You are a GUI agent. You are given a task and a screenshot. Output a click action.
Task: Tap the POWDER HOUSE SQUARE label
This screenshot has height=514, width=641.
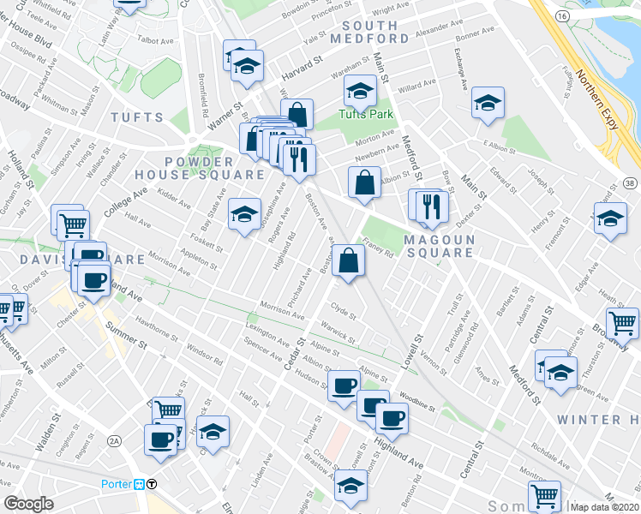click(x=199, y=165)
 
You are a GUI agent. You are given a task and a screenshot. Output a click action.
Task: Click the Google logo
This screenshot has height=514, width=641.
click(x=28, y=504)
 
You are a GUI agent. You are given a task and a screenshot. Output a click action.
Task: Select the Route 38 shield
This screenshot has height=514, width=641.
click(x=630, y=182)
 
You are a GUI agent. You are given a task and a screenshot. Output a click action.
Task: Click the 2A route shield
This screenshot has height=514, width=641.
click(x=114, y=440)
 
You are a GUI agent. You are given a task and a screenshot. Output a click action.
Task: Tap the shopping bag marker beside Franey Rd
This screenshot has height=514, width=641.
click(x=349, y=260)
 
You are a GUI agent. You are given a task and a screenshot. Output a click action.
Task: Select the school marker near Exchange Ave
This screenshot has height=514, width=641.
click(x=487, y=104)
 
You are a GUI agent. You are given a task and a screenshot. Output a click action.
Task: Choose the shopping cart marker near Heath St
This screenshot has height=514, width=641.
click(x=622, y=323)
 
